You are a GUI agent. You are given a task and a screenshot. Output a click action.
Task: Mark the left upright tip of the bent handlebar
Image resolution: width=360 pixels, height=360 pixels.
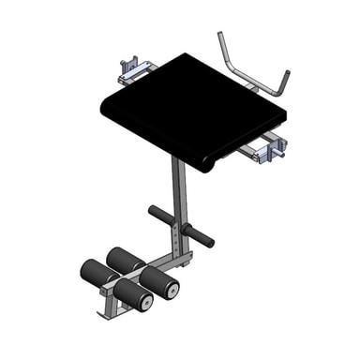click(220, 37)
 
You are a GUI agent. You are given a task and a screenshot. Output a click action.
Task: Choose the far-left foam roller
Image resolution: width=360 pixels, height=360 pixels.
click(94, 274)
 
